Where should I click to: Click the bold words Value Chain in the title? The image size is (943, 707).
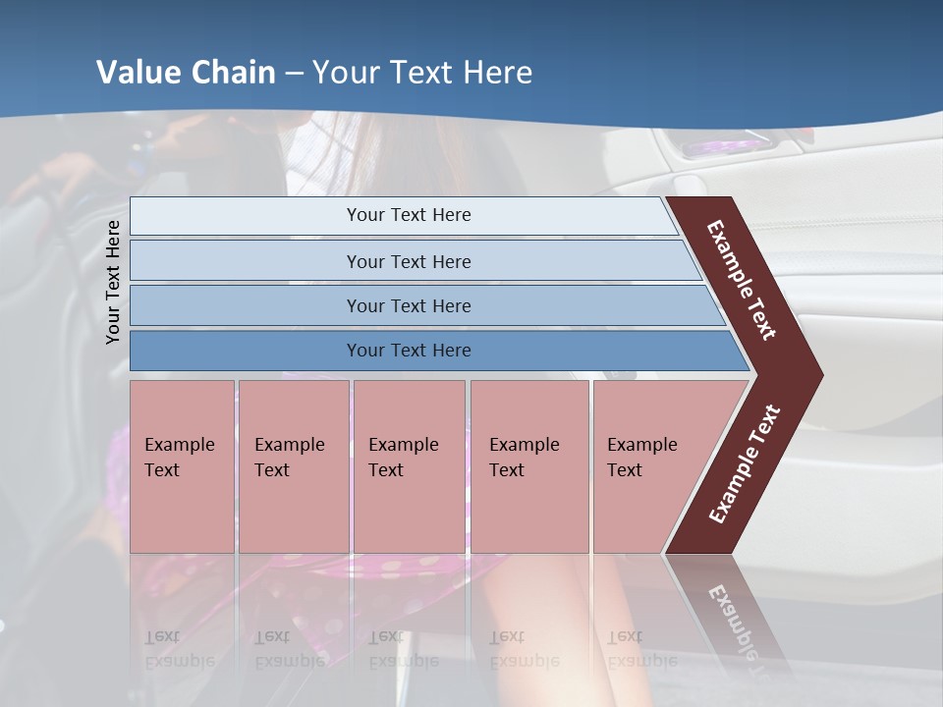tap(186, 73)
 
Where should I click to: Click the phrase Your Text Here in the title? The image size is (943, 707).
tap(422, 73)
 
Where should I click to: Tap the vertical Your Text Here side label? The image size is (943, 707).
tap(113, 282)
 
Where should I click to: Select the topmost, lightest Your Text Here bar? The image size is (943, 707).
tap(408, 215)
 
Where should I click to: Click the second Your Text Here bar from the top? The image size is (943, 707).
tap(408, 261)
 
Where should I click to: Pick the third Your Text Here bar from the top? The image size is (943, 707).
tap(408, 305)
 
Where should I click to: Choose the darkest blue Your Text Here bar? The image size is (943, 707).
tap(408, 351)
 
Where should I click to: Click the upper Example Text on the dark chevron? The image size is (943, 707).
tap(742, 280)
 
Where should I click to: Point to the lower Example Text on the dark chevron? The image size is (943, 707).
tap(745, 464)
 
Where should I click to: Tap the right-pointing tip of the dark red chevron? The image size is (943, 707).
tap(817, 374)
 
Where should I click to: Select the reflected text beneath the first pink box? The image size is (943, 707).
tap(179, 648)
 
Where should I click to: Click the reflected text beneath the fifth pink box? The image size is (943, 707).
tap(640, 648)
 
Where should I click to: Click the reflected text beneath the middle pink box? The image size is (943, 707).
tap(403, 648)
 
